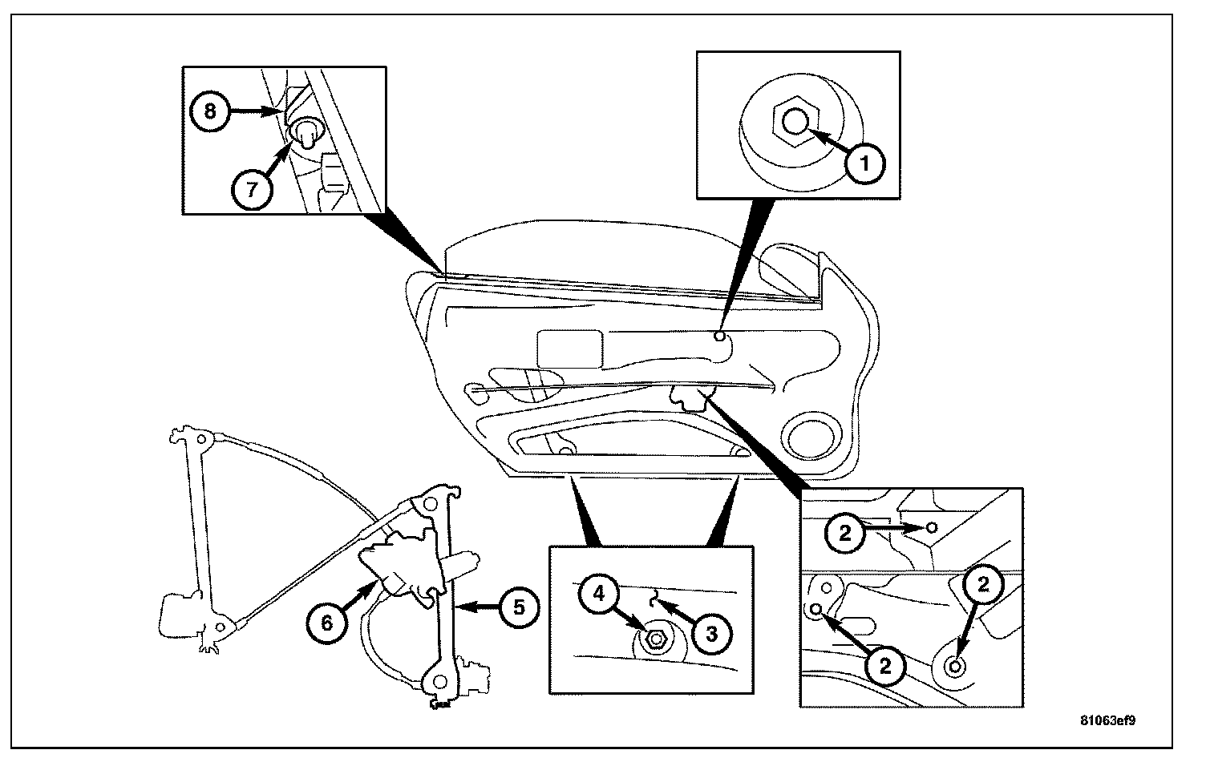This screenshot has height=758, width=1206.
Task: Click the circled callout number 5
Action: pyautogui.click(x=520, y=607)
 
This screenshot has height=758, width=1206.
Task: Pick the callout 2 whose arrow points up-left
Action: pyautogui.click(x=884, y=664)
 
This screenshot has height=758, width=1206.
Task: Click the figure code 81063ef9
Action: pyautogui.click(x=1107, y=720)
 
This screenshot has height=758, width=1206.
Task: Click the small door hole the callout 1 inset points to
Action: pyautogui.click(x=720, y=337)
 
